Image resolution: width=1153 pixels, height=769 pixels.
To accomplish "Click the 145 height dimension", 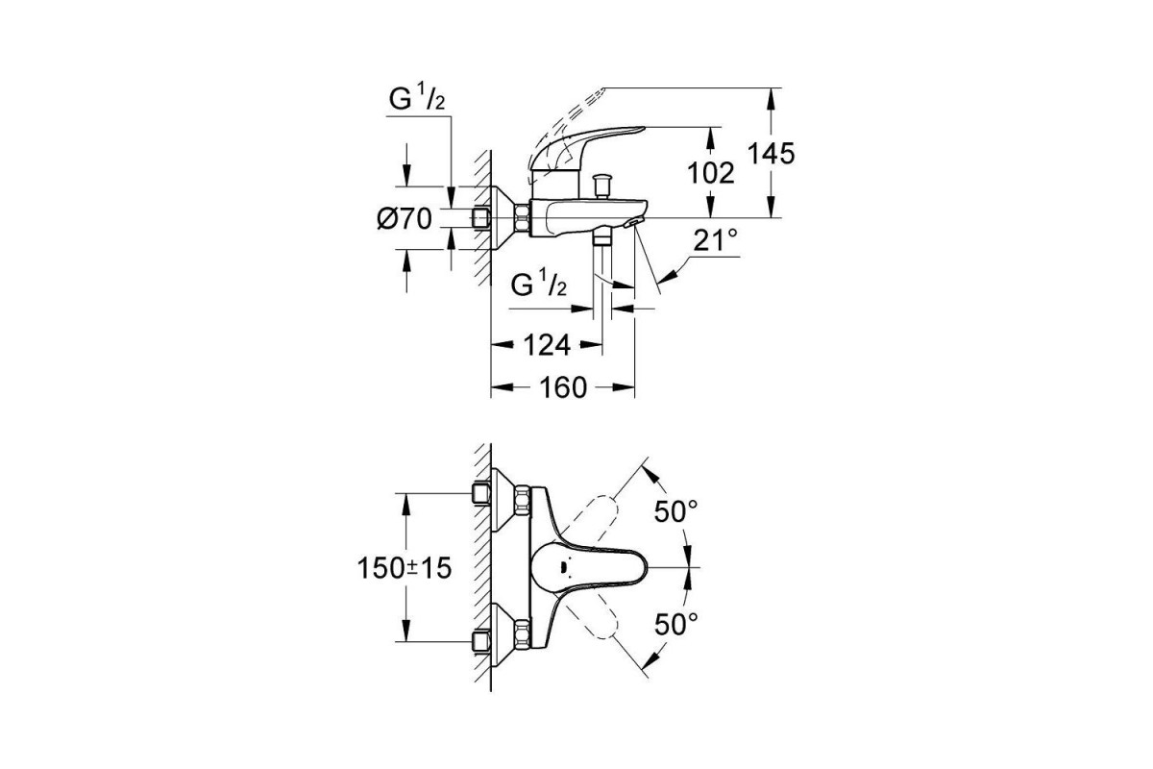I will [x=774, y=154].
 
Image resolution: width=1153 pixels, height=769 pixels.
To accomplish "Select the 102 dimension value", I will [x=712, y=173].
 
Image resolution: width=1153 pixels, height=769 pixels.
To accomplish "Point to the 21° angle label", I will [x=716, y=241].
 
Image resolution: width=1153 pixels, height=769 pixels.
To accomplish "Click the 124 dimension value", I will [x=547, y=344].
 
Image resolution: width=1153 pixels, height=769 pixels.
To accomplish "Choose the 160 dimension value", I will [x=563, y=387].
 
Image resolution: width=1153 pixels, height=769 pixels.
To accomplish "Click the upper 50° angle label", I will [x=677, y=511].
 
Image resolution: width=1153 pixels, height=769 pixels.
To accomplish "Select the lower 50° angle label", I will [x=677, y=624].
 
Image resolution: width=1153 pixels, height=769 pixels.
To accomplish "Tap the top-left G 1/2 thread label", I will [x=416, y=99].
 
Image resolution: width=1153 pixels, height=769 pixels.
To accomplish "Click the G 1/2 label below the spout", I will [x=538, y=285].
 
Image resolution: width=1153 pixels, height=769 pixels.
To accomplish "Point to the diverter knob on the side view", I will [x=603, y=182].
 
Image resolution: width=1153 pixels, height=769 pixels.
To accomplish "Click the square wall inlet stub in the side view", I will [x=482, y=218].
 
